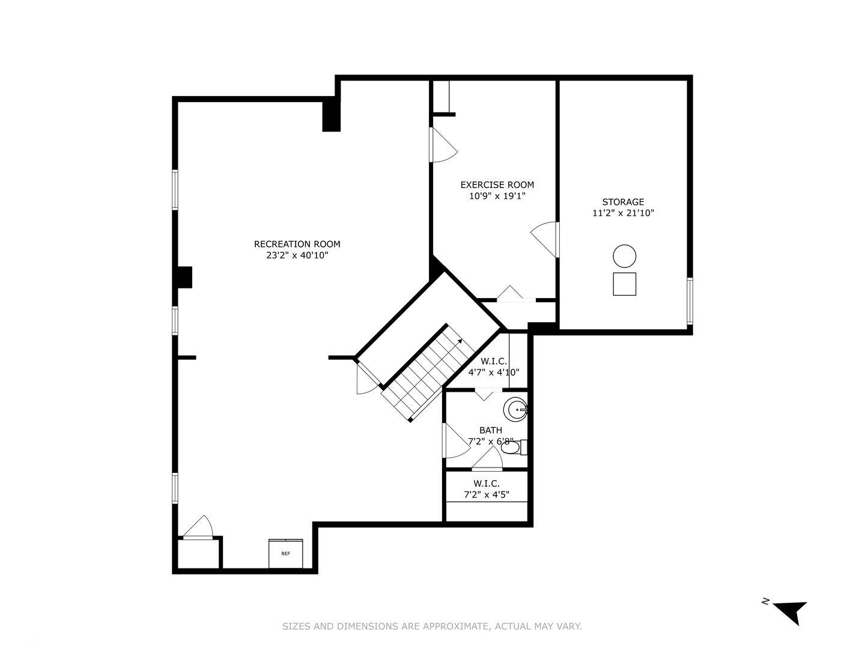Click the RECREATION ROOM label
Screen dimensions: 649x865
click(x=297, y=244)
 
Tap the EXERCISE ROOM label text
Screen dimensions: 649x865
click(x=497, y=185)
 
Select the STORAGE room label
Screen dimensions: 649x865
click(x=623, y=202)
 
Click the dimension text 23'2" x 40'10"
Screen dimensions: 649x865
click(x=297, y=255)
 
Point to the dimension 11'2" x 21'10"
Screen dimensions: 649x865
click(x=623, y=213)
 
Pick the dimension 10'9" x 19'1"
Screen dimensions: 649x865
click(x=497, y=196)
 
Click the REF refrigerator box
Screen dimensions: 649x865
click(x=285, y=553)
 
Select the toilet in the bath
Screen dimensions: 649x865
click(x=511, y=448)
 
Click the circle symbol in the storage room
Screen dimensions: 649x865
click(x=624, y=256)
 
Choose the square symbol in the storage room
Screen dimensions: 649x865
click(x=624, y=284)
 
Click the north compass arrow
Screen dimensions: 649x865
click(x=789, y=611)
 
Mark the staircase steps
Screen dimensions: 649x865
click(x=428, y=375)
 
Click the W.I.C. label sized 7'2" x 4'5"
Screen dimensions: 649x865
click(x=486, y=489)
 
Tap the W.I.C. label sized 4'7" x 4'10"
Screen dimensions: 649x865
click(x=493, y=367)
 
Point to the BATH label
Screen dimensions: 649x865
click(x=490, y=430)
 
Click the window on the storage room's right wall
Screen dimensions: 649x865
click(x=690, y=300)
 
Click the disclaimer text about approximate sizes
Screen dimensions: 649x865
click(x=432, y=626)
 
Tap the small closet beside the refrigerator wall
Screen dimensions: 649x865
click(x=199, y=553)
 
